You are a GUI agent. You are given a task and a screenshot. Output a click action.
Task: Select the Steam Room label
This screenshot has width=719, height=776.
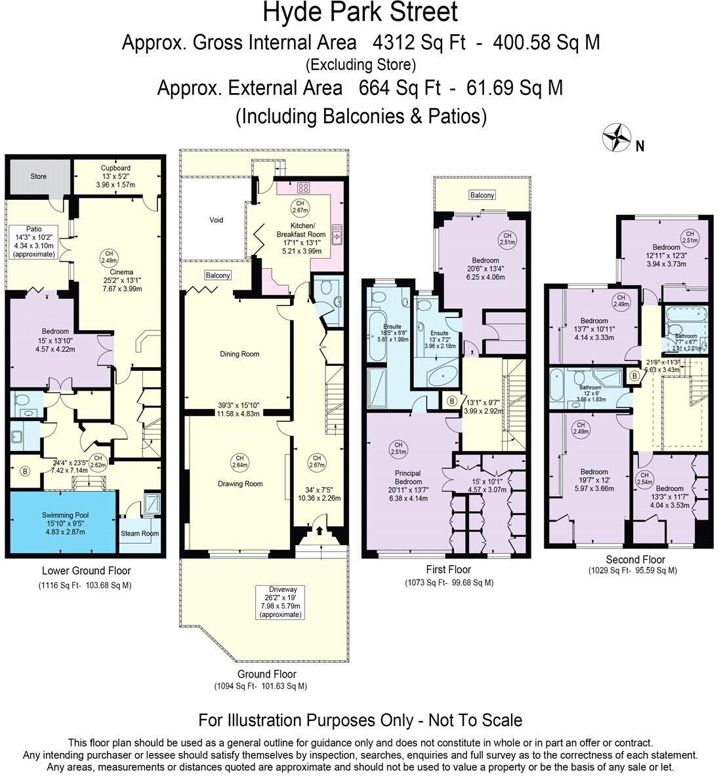pos(139,533)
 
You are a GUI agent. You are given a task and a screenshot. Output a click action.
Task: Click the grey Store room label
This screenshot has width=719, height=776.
pos(39,176)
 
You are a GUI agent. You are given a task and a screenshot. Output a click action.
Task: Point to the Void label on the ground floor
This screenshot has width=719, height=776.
pos(216,220)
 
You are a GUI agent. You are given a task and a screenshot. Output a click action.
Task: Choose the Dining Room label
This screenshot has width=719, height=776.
pos(239,354)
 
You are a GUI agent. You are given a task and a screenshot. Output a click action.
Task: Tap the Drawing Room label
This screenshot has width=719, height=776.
pos(240,484)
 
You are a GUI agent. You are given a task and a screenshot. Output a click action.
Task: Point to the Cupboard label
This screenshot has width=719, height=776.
pos(115,168)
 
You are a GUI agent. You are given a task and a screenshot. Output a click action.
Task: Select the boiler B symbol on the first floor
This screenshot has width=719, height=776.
pos(451,401)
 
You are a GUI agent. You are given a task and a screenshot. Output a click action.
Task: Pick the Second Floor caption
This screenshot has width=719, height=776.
pos(635,560)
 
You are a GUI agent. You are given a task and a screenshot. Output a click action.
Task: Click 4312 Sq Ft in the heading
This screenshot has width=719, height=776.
pos(419,43)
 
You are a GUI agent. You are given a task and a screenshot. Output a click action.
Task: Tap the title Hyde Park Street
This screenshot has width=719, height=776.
pos(359,13)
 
